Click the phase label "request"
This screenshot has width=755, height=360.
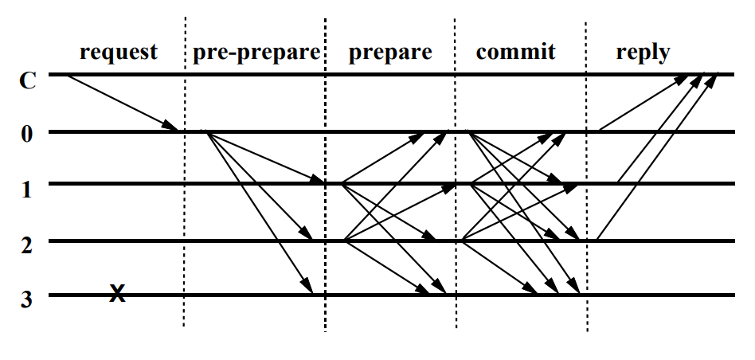[119, 53]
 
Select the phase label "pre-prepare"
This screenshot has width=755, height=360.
[256, 53]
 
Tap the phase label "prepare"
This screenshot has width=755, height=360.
[390, 53]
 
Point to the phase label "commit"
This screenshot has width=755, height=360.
[514, 53]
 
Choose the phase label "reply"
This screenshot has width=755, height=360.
[643, 53]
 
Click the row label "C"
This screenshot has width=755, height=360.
[27, 80]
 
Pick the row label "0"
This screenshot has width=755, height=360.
[27, 133]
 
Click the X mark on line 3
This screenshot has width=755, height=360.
[117, 295]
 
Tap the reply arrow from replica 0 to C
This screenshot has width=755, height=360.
[644, 103]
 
